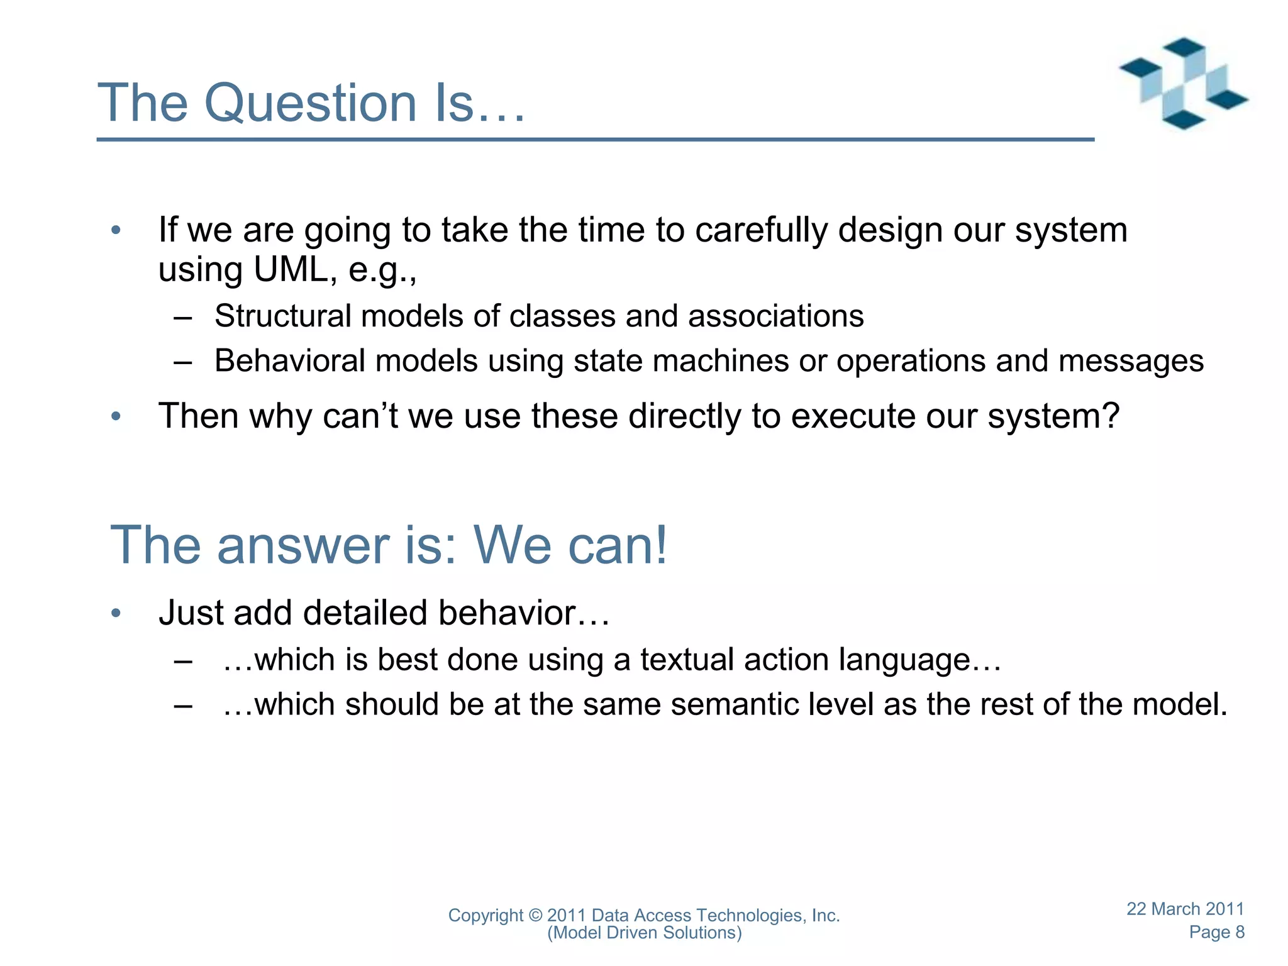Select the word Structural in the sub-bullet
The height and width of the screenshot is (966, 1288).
coord(282,316)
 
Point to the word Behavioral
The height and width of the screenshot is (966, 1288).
coord(289,361)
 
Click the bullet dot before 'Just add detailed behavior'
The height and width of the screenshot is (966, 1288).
coord(116,613)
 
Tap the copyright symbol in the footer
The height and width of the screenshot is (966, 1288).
coord(535,915)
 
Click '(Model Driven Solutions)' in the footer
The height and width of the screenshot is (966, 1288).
coord(644,933)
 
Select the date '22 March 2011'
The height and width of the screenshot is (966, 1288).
coord(1185,909)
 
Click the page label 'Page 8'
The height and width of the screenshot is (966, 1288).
coord(1216,932)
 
